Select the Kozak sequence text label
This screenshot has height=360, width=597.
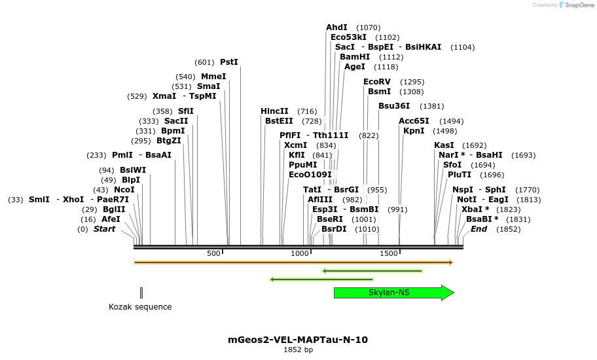(140, 306)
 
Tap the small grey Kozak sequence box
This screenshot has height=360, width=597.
(141, 293)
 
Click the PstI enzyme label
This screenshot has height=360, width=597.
(229, 62)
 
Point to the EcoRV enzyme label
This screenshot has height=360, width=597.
(377, 82)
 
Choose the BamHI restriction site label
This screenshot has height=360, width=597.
(355, 57)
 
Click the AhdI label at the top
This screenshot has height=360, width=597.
(337, 27)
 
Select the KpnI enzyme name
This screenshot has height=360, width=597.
(414, 131)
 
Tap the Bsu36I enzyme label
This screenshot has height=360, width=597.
(394, 106)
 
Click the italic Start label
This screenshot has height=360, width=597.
(104, 229)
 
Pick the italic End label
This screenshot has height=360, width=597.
(479, 229)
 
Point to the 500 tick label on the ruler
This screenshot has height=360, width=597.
(214, 253)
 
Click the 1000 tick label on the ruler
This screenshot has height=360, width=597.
(300, 253)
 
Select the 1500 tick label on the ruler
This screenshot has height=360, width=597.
(389, 253)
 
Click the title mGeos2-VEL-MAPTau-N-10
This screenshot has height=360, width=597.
(298, 340)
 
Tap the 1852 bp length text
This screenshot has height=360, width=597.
(298, 350)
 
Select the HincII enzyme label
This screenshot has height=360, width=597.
(274, 111)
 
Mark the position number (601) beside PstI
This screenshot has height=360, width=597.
(204, 62)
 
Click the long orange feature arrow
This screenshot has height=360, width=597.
(293, 262)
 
